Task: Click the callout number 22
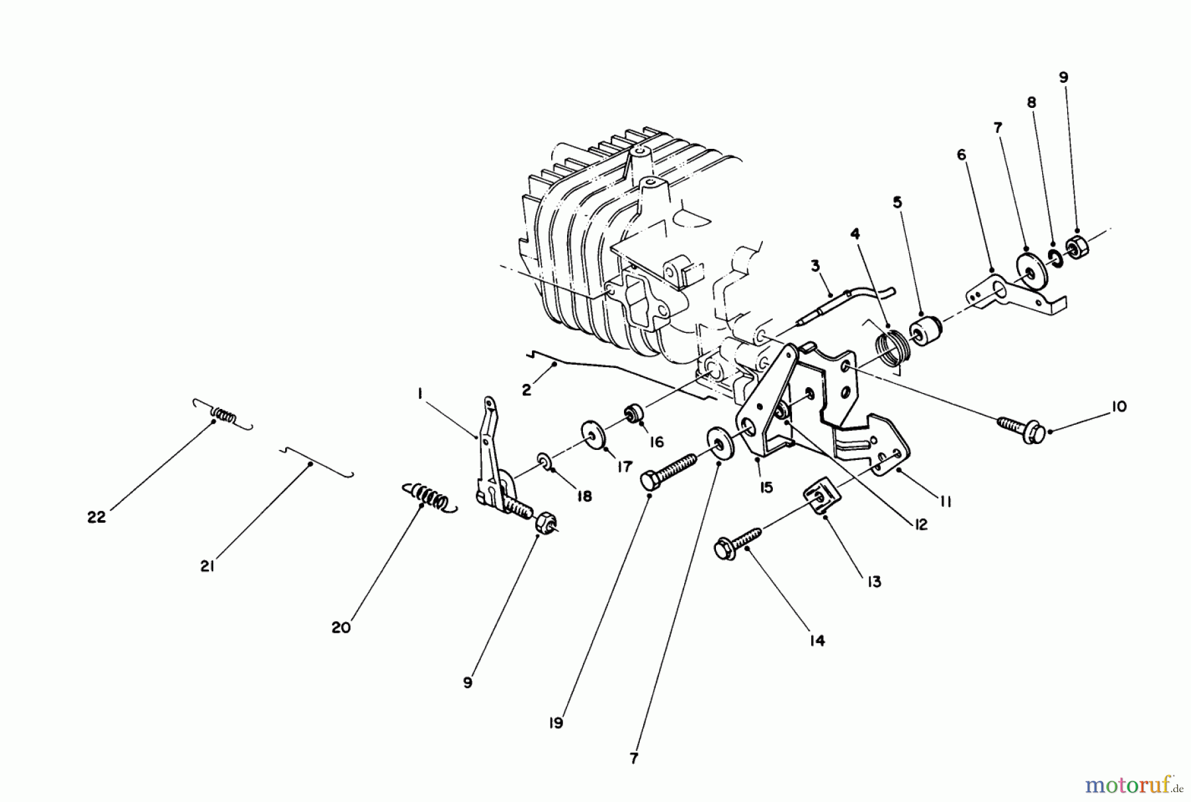tap(97, 517)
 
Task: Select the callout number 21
tap(208, 567)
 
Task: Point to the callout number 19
tap(556, 723)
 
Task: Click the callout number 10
tap(1118, 406)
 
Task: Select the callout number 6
tap(961, 155)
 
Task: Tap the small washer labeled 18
tap(543, 459)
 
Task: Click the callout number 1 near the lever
tap(420, 394)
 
